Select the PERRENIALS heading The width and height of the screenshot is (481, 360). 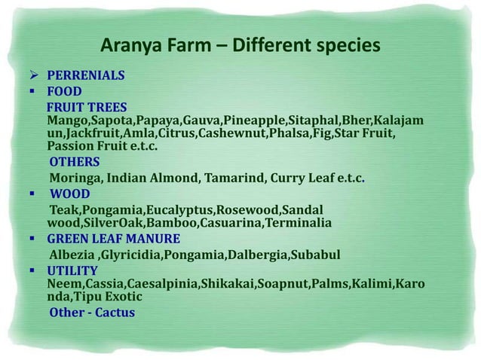[86, 76]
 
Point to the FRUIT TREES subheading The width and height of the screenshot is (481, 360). [87, 106]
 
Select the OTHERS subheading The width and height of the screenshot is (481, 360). [74, 162]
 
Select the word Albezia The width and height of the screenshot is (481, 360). [73, 255]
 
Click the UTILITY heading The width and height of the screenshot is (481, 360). [72, 270]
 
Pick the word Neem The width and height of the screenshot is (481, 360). [62, 284]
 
